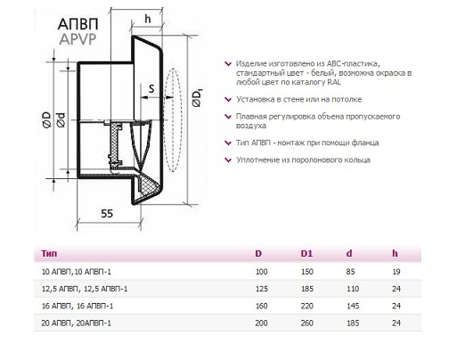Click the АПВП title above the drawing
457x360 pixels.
[x=78, y=24]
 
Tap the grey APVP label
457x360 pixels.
[x=78, y=39]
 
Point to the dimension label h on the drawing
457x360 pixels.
[x=148, y=19]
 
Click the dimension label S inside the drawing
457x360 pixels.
[x=151, y=88]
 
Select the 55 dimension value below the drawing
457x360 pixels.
[x=107, y=213]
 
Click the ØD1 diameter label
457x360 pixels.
[x=197, y=97]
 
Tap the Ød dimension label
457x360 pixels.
[x=61, y=119]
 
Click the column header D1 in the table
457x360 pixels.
[x=306, y=253]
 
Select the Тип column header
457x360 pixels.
[x=49, y=253]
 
